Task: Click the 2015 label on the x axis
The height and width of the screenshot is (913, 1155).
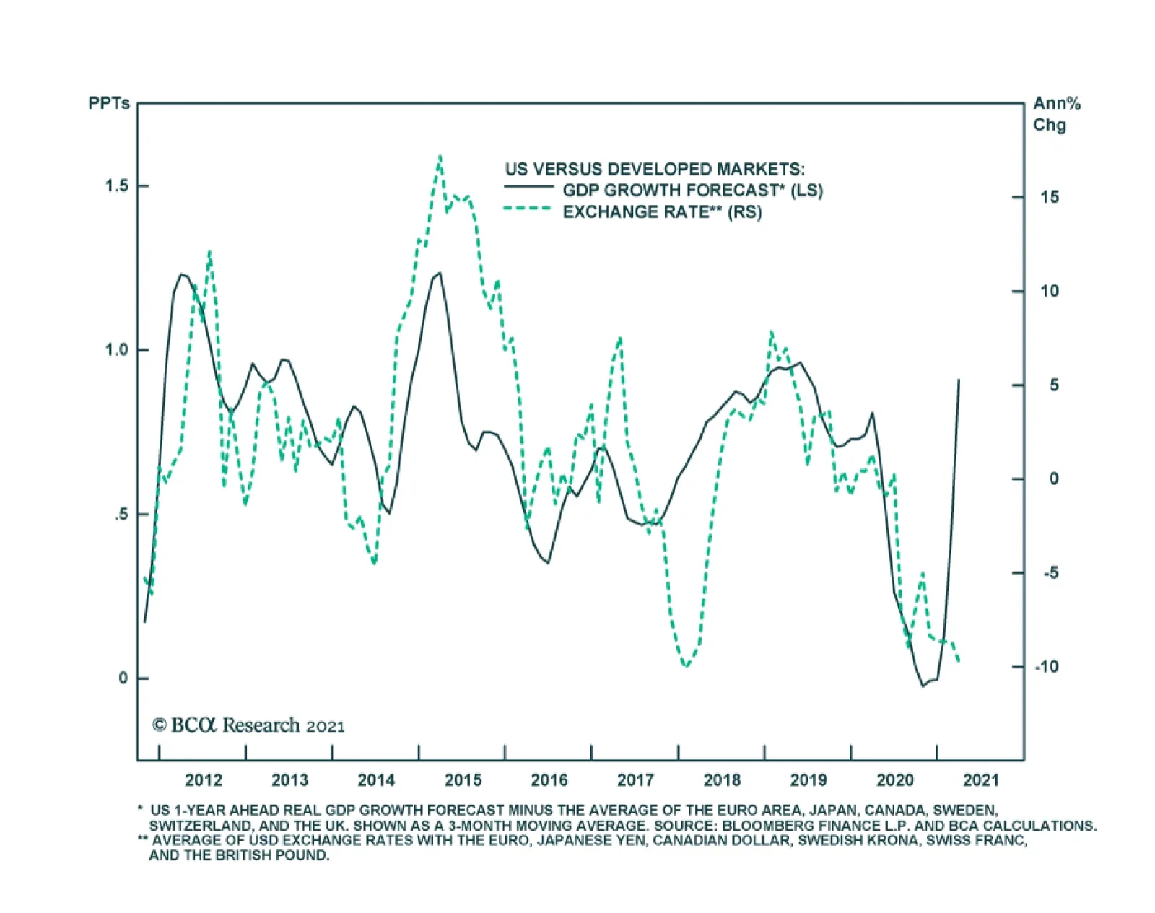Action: [463, 779]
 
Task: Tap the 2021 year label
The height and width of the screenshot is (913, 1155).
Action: [981, 779]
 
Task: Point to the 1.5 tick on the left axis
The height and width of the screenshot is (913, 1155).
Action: [116, 185]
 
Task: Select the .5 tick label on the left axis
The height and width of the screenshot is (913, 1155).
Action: [121, 515]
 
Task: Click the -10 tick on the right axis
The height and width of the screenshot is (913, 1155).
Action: [1046, 667]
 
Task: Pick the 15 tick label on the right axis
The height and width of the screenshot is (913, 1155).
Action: [1050, 197]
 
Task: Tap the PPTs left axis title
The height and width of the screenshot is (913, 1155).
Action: [109, 103]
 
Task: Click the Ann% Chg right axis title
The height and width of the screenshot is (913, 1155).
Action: [1056, 114]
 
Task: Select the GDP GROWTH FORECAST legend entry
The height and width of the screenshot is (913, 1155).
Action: [692, 191]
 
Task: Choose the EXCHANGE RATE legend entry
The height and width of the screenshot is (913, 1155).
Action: [662, 212]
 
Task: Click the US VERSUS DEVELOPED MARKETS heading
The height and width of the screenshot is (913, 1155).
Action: [654, 169]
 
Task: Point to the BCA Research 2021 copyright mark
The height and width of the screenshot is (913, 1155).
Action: [248, 725]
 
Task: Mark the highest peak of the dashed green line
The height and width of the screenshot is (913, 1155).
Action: [440, 156]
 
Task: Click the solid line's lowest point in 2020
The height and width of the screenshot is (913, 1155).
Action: [923, 686]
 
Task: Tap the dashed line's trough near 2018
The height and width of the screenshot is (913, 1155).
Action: [685, 665]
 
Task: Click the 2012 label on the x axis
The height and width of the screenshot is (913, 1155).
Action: [204, 779]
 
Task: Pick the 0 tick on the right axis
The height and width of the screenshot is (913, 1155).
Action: [1053, 479]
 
